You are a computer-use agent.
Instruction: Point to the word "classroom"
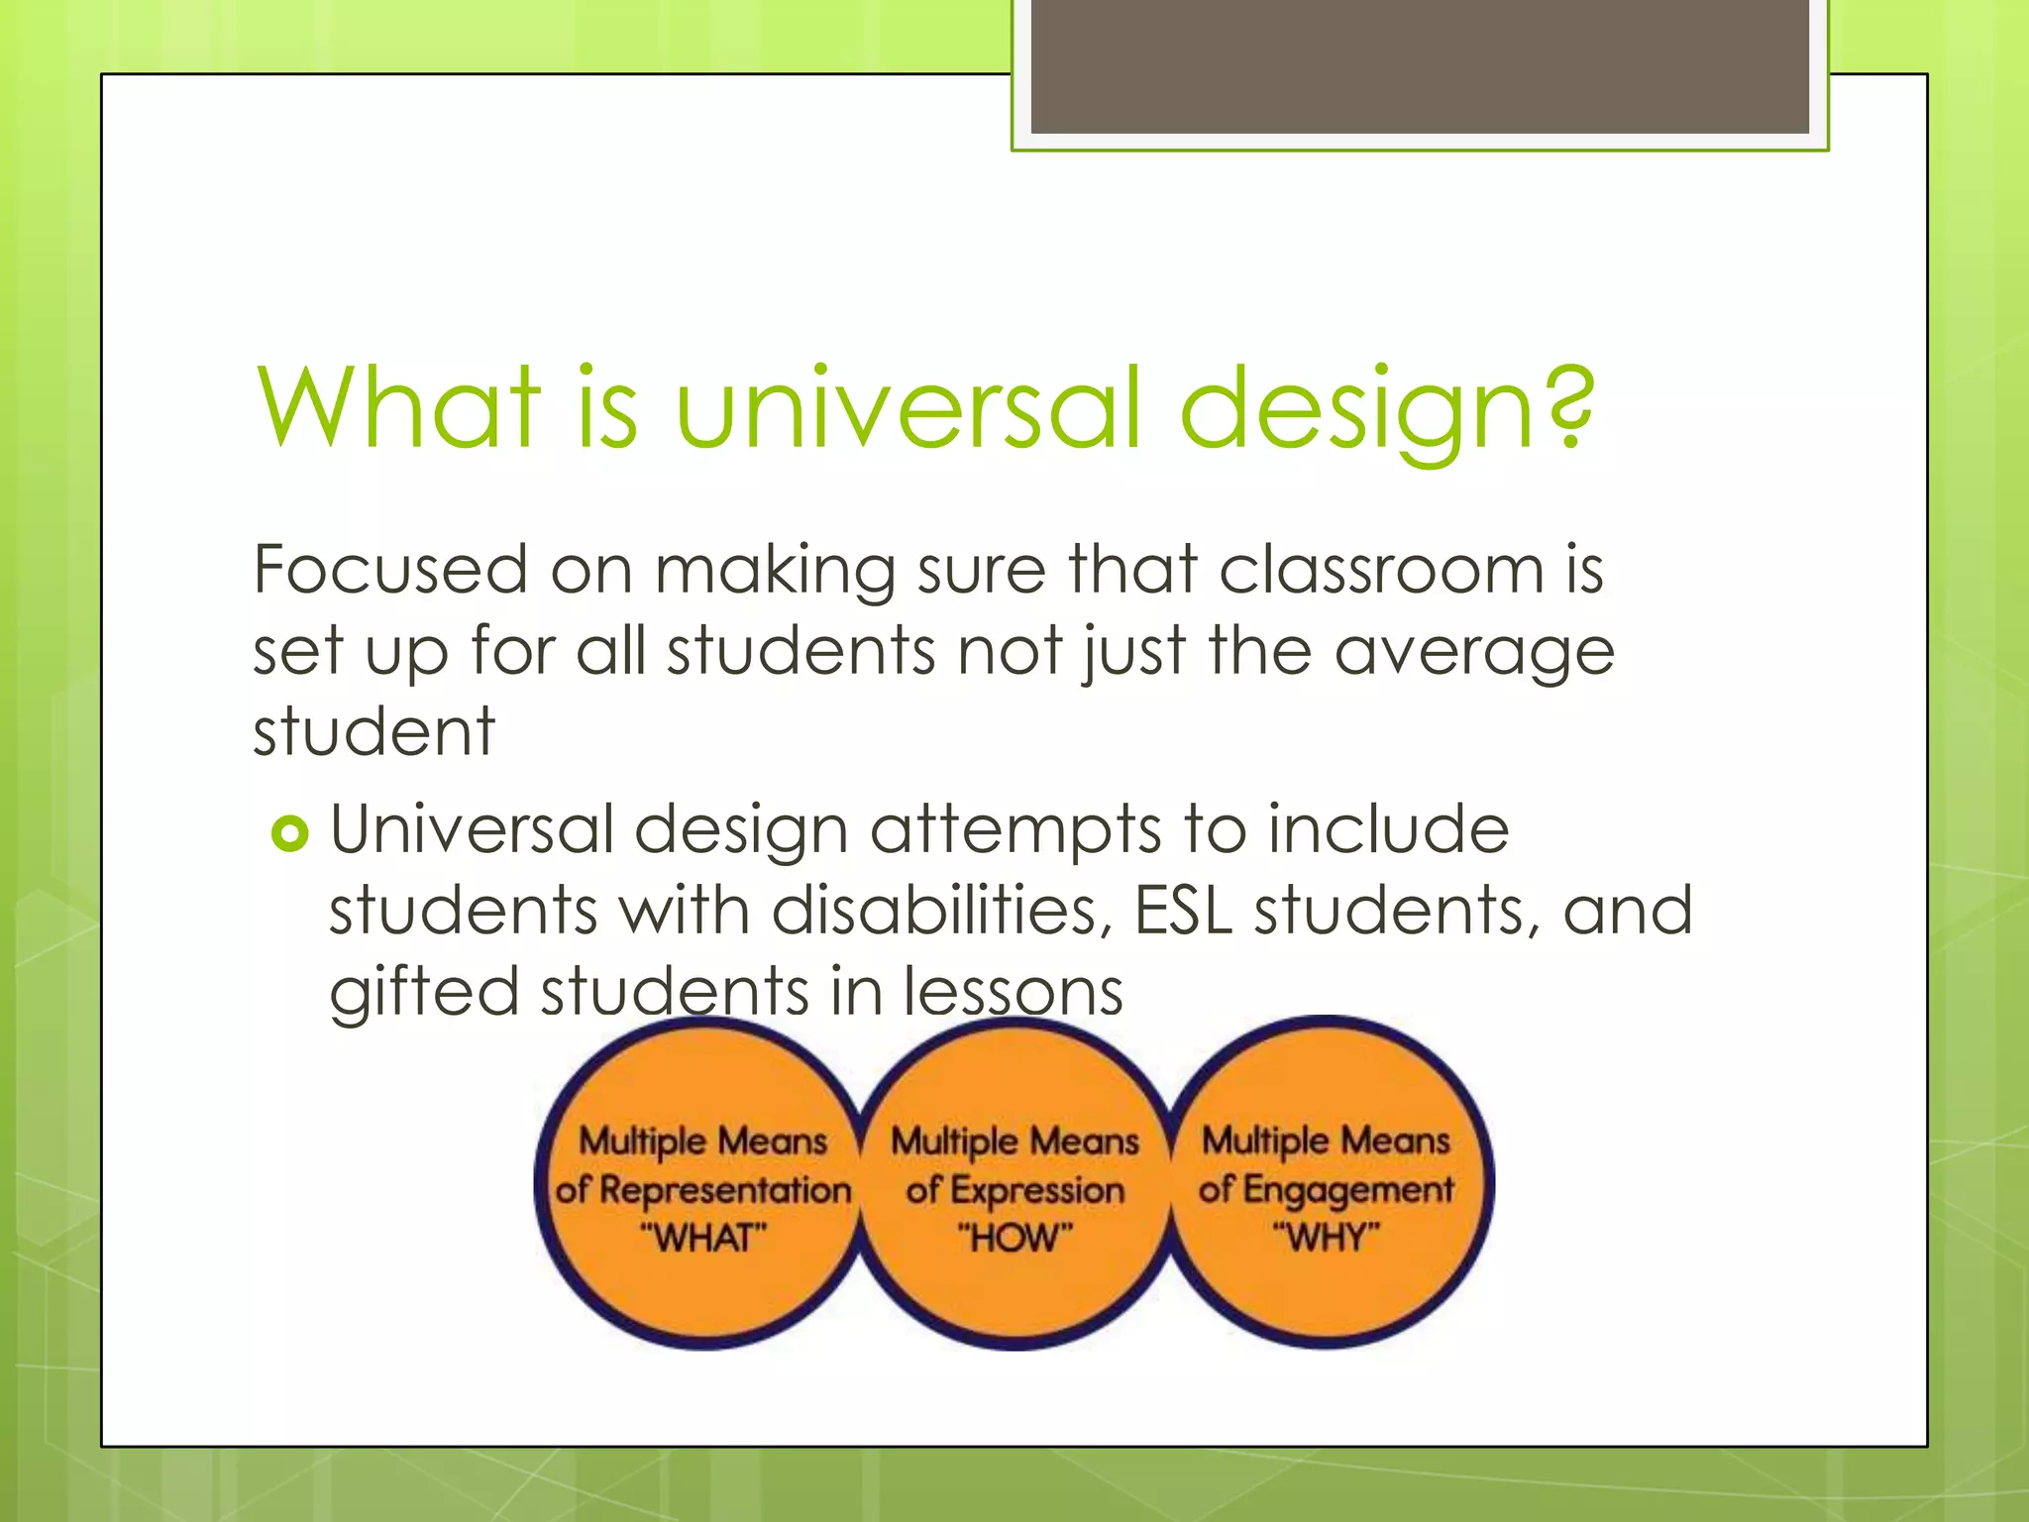(x=1380, y=570)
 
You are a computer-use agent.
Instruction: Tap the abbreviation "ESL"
(x=1183, y=911)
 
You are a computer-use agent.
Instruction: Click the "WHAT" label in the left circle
(x=703, y=1238)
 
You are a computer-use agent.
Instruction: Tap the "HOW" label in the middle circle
(x=1014, y=1238)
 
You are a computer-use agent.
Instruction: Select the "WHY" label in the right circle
(x=1326, y=1238)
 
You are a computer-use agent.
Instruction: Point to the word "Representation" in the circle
(x=725, y=1190)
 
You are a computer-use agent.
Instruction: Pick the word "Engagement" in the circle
(x=1348, y=1190)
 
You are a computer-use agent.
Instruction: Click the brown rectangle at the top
(x=1420, y=66)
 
